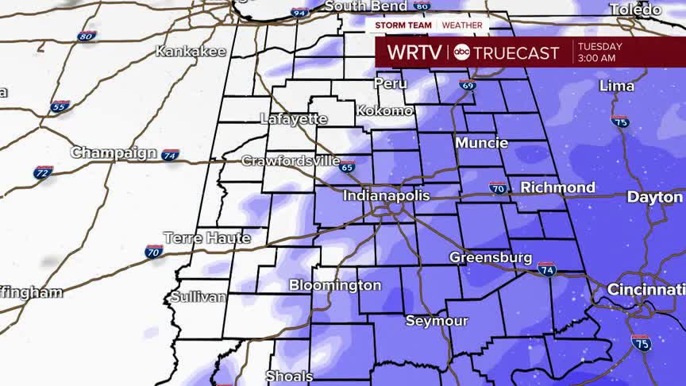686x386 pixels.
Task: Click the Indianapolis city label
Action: click(x=386, y=195)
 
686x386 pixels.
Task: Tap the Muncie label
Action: click(x=481, y=144)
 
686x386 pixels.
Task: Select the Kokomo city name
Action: click(x=384, y=110)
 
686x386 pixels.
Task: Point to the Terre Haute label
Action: click(x=206, y=237)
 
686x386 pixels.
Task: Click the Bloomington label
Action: click(x=334, y=285)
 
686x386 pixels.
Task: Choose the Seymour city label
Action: click(x=437, y=321)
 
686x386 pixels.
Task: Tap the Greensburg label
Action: click(x=490, y=258)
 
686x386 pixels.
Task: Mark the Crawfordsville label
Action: click(x=291, y=160)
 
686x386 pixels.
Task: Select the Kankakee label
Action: click(x=191, y=52)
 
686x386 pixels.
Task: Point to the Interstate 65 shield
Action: click(x=346, y=167)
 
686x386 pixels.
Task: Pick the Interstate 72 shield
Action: click(x=44, y=172)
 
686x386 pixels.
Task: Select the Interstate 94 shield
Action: click(x=300, y=12)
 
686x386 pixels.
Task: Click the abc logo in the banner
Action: click(x=461, y=53)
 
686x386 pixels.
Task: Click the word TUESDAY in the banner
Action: click(x=600, y=46)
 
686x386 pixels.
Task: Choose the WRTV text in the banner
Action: click(x=415, y=53)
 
